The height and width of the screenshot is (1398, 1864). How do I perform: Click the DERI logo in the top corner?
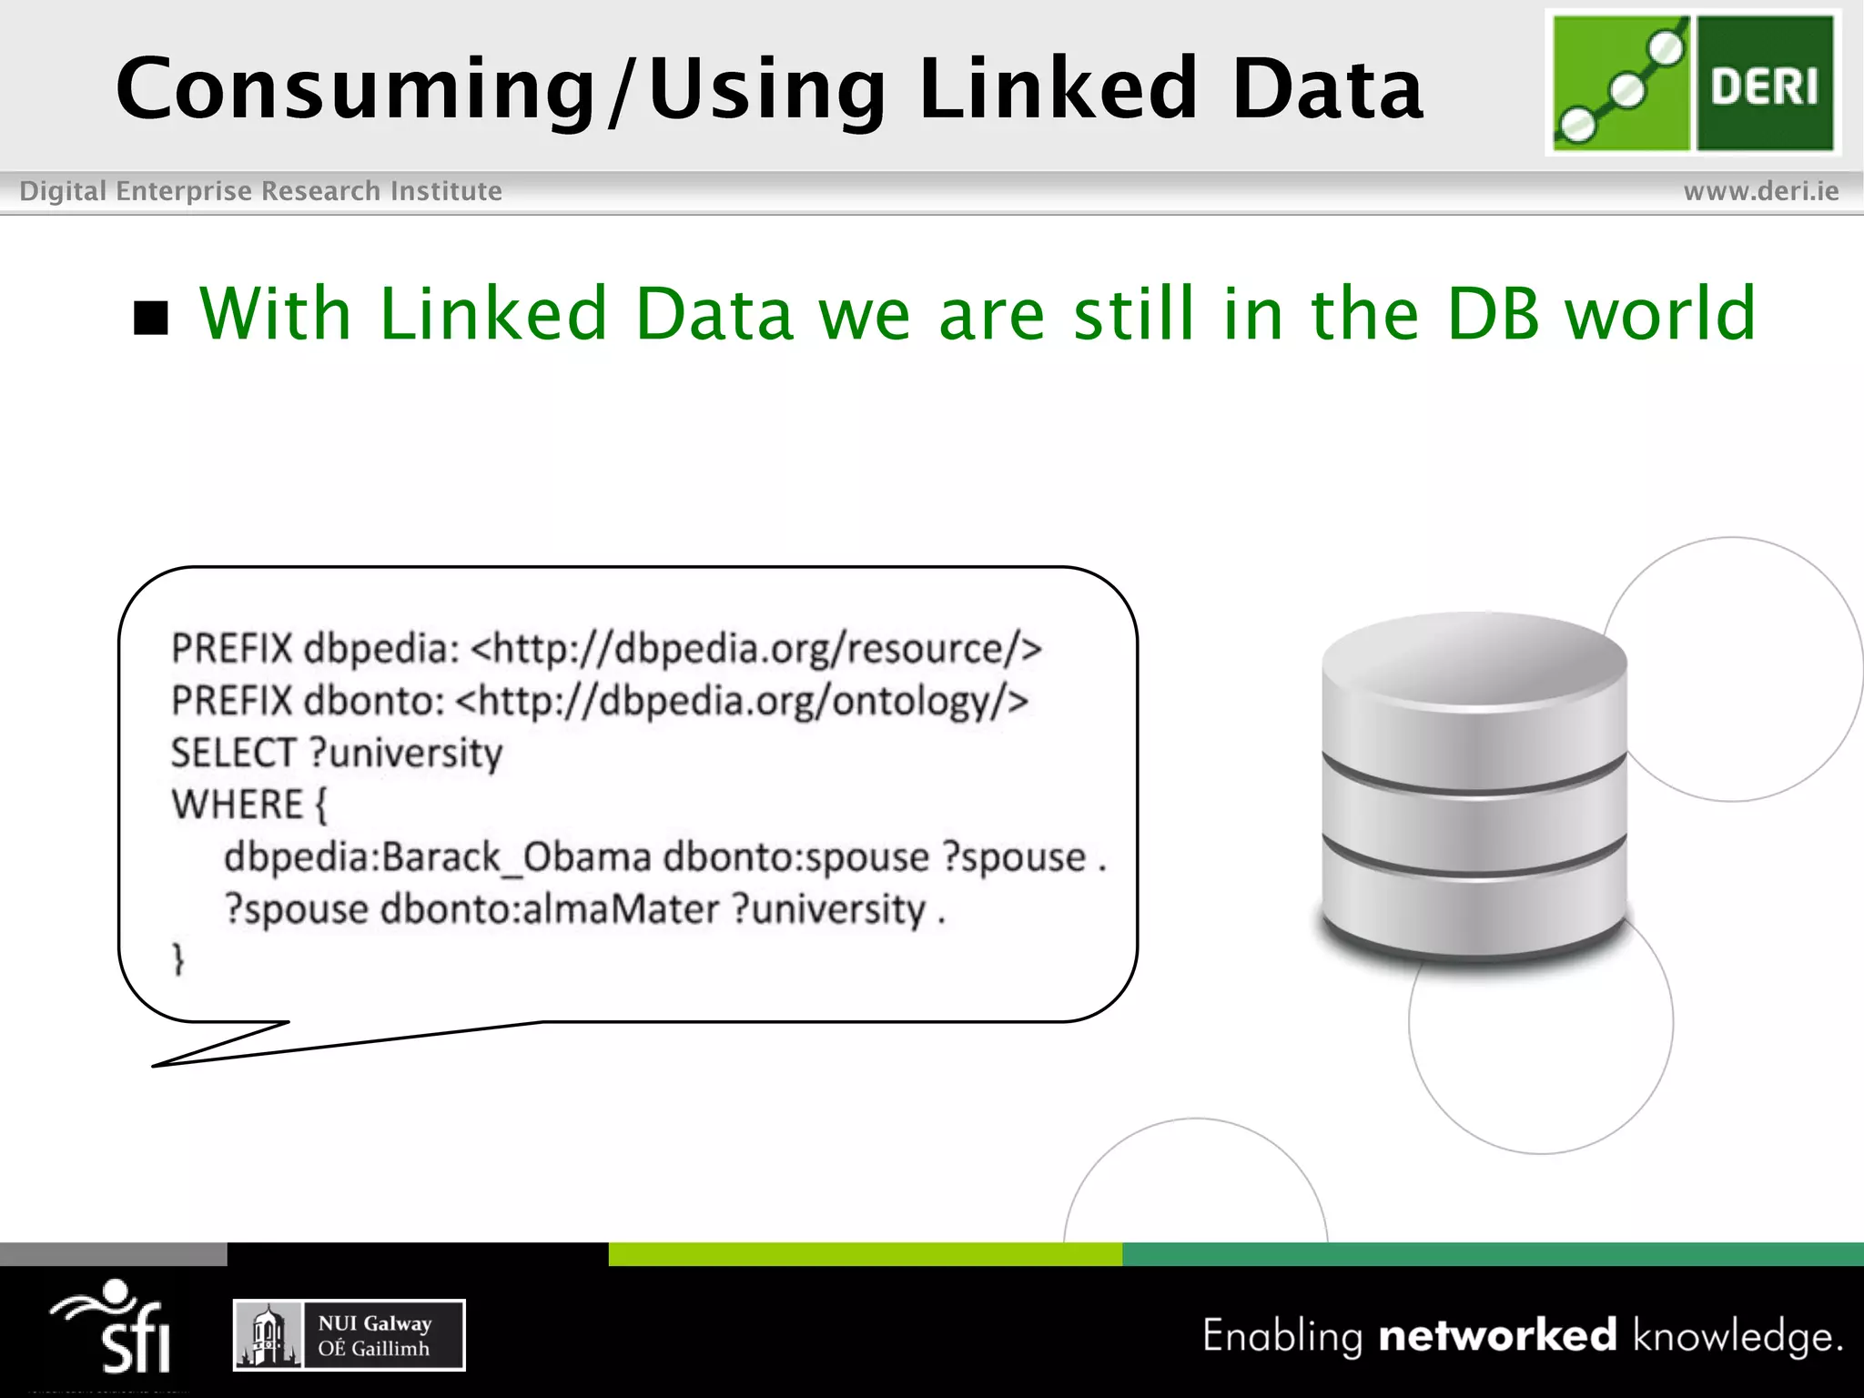[x=1693, y=82]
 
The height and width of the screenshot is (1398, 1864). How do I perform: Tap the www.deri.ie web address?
[x=1760, y=191]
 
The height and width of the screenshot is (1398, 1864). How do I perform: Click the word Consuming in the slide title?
[x=355, y=89]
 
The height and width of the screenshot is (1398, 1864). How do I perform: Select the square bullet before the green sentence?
[x=151, y=317]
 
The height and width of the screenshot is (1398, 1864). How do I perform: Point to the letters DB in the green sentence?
[x=1493, y=313]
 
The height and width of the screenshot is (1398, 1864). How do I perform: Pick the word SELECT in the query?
[x=233, y=754]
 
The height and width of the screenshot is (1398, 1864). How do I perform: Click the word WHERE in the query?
[x=237, y=805]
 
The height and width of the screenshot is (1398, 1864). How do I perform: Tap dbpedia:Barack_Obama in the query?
[x=437, y=857]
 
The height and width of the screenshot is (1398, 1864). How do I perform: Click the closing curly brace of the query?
[x=178, y=959]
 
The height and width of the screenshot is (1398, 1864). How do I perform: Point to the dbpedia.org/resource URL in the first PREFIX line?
[x=756, y=649]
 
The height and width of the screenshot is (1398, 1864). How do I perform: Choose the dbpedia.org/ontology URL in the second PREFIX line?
[x=742, y=701]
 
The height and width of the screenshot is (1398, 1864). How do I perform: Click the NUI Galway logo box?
[x=349, y=1335]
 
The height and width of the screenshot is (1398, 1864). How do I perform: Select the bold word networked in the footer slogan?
[x=1497, y=1336]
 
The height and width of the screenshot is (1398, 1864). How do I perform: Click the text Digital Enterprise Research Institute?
[x=260, y=191]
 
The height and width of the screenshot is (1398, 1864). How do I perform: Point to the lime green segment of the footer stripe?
[x=865, y=1254]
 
